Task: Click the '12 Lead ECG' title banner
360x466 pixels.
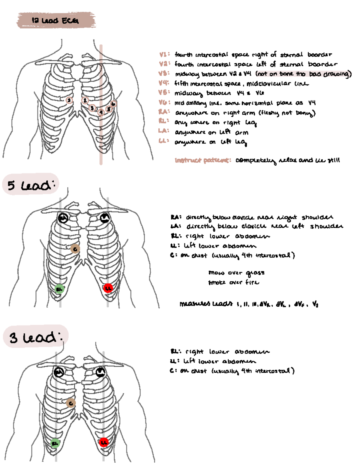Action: tap(56, 20)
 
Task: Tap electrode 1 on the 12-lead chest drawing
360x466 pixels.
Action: tap(69, 100)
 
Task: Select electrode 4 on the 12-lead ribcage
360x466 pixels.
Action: tap(101, 112)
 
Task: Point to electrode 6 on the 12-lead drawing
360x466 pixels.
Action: tap(113, 104)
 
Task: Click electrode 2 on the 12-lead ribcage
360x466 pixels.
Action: tap(85, 100)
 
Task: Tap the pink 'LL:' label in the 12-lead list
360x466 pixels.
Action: tap(164, 140)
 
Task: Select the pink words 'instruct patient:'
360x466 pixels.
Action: tap(203, 160)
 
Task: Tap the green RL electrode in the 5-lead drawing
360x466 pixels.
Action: tap(60, 289)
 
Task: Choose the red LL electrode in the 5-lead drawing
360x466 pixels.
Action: tap(108, 288)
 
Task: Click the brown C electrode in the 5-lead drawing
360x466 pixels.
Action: tap(75, 249)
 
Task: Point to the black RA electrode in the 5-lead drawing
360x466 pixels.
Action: tap(63, 218)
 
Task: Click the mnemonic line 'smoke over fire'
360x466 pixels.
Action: tap(233, 282)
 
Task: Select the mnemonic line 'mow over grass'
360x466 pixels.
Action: tap(236, 273)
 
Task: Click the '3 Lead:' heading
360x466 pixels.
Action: tap(36, 337)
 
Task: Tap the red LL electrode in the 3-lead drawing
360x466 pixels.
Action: tap(104, 442)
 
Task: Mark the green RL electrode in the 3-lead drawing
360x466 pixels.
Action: tap(55, 443)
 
